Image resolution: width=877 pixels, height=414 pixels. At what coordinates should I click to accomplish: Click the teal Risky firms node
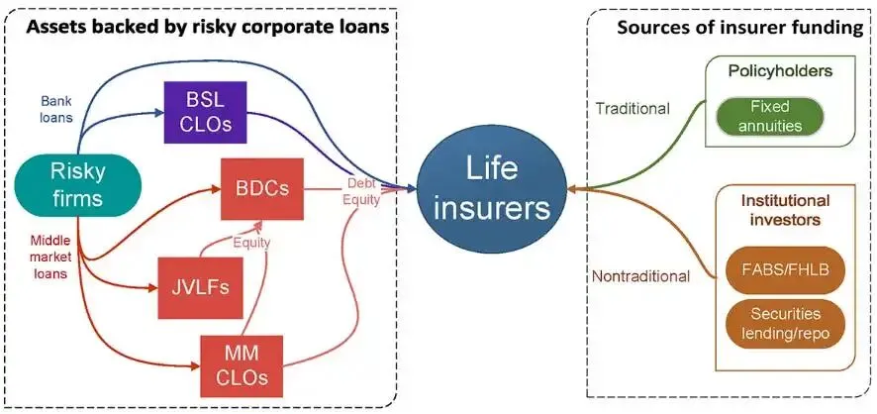[76, 184]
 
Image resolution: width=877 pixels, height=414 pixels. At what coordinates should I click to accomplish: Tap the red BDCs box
[262, 188]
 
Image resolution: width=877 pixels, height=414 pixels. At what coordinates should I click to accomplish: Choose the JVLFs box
[200, 288]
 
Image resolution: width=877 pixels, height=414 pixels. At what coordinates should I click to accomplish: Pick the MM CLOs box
[242, 365]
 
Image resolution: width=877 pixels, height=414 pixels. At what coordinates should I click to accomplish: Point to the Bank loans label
[57, 110]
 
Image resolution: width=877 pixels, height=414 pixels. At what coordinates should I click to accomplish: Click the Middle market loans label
[50, 258]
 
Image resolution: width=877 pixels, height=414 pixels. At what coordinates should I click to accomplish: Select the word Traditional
[633, 108]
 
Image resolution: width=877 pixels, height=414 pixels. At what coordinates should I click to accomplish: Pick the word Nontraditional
[641, 275]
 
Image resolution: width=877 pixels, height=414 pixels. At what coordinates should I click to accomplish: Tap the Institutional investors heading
[785, 210]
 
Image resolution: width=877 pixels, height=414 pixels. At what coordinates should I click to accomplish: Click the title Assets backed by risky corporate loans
[207, 27]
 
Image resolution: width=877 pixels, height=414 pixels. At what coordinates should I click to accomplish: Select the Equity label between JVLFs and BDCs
[251, 243]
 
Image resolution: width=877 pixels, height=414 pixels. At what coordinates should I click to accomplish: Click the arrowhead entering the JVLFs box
[153, 288]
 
